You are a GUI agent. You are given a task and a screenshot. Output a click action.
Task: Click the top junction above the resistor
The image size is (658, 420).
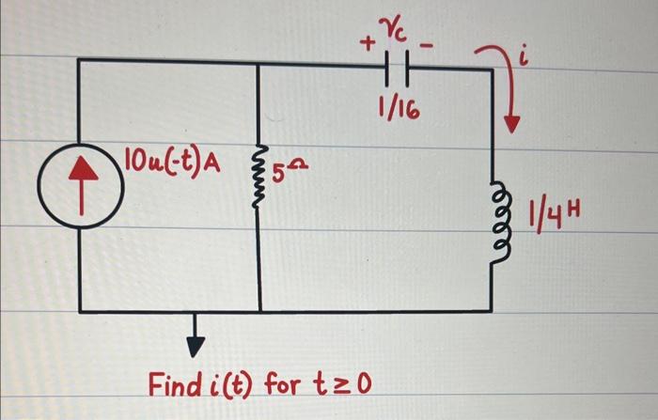pos(260,60)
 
